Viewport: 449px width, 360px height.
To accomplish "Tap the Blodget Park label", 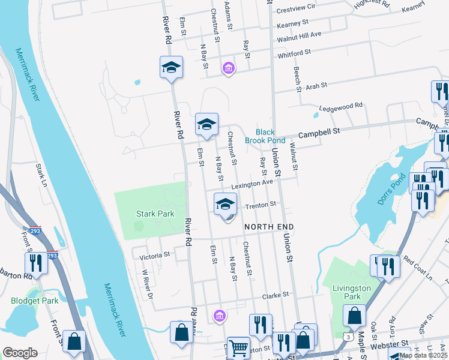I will click(x=34, y=301).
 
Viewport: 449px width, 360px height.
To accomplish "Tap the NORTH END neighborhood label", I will click(x=269, y=227).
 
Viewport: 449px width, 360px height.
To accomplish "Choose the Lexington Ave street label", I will click(x=253, y=184).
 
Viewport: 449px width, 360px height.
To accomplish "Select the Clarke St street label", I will click(x=276, y=295).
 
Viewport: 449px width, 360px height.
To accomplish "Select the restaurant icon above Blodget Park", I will click(x=36, y=263).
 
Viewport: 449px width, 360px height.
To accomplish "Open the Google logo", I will click(x=20, y=353).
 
